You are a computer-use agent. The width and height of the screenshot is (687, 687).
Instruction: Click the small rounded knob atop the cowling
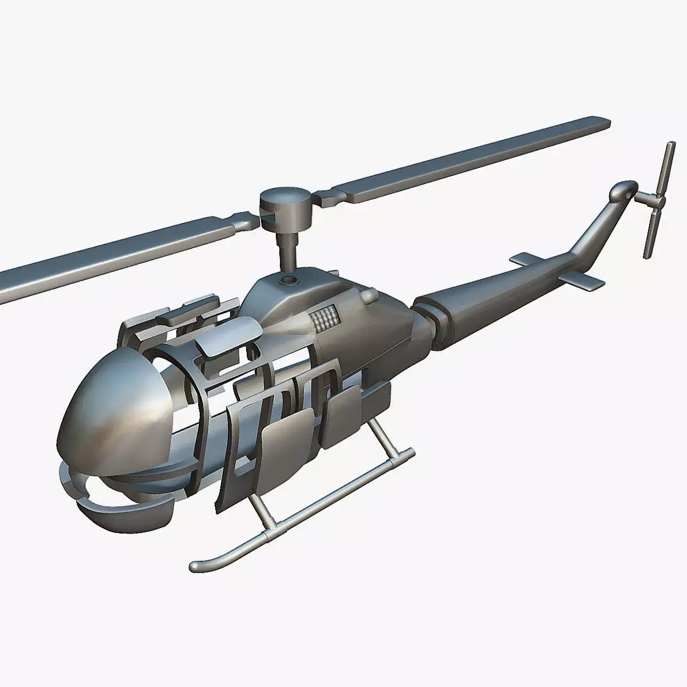click(370, 295)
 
